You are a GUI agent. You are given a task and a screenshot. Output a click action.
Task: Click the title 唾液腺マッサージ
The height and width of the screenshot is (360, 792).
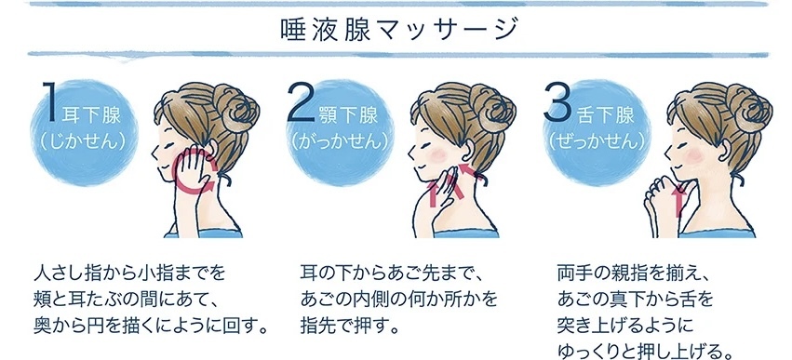coord(399,29)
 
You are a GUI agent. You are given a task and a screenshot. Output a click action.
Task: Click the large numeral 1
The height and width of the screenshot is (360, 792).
coord(49,101)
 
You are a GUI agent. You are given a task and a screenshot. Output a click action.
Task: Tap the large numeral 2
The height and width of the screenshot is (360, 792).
coord(302,103)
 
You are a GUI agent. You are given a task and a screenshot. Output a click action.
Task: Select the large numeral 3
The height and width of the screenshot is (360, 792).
coord(558,102)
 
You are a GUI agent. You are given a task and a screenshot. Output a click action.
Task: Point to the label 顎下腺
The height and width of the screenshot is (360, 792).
coord(348,116)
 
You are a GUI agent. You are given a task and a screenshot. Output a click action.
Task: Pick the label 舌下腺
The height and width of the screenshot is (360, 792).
coord(605,115)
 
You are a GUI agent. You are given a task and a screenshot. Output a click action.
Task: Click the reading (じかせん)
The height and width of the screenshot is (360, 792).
coord(82,142)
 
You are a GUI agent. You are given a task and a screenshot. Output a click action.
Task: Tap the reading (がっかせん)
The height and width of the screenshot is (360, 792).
coord(340,142)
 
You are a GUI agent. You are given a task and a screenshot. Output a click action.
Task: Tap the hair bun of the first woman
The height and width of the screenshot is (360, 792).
coord(236,108)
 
